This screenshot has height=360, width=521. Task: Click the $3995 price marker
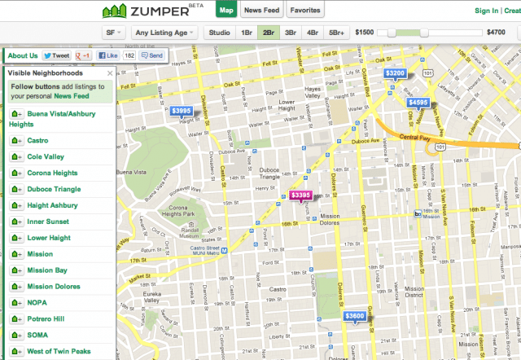point(182,111)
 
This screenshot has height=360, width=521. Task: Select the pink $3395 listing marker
point(300,195)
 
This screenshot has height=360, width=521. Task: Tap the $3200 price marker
point(396,73)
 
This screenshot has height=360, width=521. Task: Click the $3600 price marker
point(355,316)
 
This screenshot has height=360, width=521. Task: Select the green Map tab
point(227,11)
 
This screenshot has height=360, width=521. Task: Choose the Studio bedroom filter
point(218,33)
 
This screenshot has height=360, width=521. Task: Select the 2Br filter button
point(268,33)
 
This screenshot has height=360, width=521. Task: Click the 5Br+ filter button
point(335,33)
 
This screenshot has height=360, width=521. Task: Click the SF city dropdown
point(114,33)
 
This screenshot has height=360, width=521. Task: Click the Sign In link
point(486,11)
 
